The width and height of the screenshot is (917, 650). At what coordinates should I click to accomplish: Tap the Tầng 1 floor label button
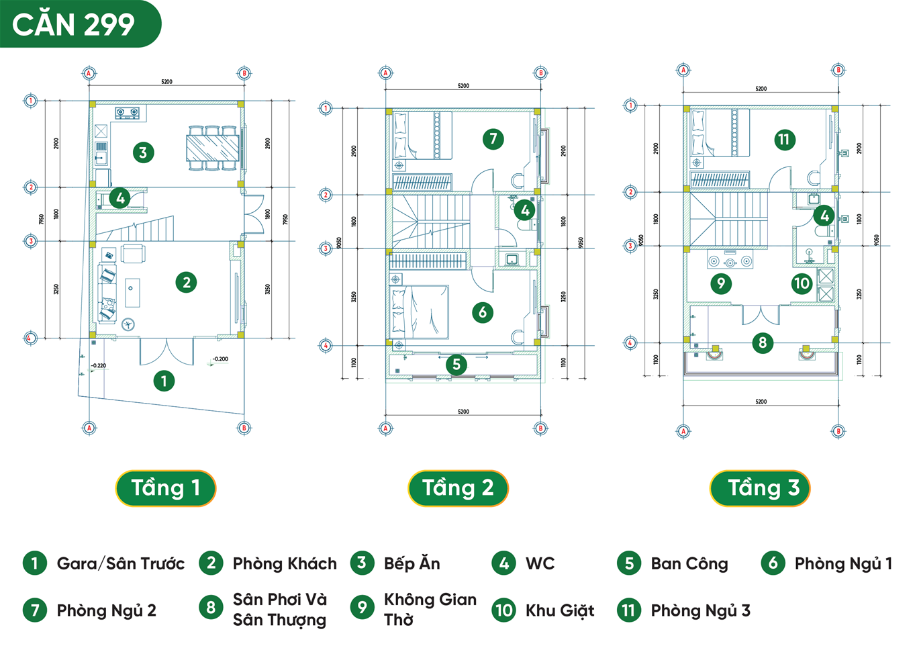[x=166, y=488]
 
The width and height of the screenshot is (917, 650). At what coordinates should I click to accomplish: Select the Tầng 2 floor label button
[x=458, y=488]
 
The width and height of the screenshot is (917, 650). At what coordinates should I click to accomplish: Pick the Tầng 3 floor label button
[x=760, y=488]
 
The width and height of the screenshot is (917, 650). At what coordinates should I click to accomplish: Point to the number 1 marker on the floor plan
[x=164, y=381]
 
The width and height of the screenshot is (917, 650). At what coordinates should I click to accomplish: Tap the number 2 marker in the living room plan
[x=186, y=283]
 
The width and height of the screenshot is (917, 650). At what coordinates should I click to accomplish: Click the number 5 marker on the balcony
[x=456, y=365]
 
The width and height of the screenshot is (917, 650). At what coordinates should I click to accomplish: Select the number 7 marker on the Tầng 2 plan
[x=493, y=139]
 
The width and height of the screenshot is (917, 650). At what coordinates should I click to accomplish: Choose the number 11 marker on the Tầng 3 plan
[x=783, y=140]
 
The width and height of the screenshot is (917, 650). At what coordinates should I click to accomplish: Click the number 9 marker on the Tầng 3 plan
[x=721, y=283]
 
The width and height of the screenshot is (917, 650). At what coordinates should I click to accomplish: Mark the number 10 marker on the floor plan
[x=802, y=283]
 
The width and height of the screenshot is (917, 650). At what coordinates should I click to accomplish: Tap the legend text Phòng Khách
[x=285, y=564]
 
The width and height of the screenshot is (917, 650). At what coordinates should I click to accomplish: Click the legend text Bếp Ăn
[x=412, y=564]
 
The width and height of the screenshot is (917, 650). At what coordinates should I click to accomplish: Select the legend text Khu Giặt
[x=560, y=611]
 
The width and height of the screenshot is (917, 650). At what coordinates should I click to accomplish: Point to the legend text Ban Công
[x=689, y=564]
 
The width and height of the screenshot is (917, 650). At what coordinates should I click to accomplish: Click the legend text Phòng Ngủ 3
[x=700, y=611]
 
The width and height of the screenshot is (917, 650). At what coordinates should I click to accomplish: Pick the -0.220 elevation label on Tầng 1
[x=99, y=366]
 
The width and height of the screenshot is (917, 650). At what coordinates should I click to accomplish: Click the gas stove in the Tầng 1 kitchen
[x=129, y=113]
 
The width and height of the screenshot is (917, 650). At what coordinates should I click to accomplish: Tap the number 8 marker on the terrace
[x=762, y=343]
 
